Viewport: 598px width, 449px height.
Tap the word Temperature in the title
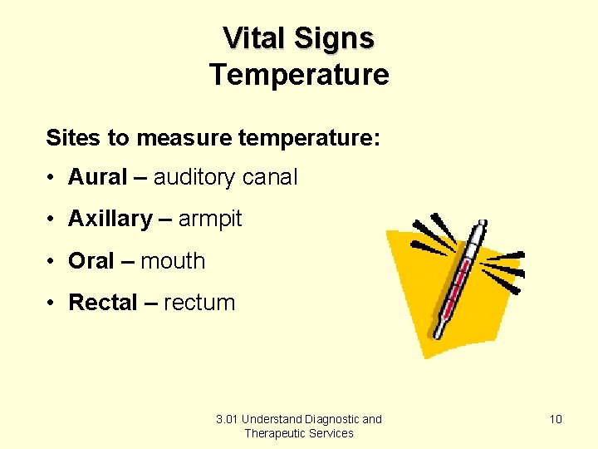tap(299, 75)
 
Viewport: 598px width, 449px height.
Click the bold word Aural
tap(97, 177)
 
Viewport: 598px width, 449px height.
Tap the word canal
tap(269, 177)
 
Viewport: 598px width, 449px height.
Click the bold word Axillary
tap(110, 219)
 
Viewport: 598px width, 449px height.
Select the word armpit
tap(210, 219)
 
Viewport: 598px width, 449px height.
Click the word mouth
tap(173, 260)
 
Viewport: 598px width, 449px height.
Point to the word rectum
tap(199, 302)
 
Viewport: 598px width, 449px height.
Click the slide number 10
tap(556, 419)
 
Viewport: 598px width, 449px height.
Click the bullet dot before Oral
tap(51, 261)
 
